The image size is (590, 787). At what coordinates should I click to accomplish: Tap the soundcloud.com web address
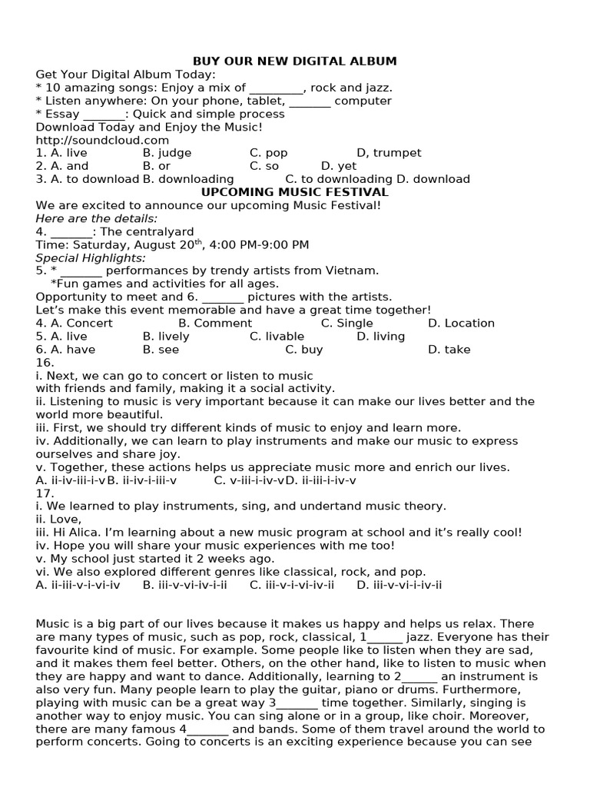(x=102, y=140)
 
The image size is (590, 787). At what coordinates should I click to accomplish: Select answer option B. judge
(x=167, y=153)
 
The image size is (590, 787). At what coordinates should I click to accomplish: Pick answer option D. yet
(x=339, y=166)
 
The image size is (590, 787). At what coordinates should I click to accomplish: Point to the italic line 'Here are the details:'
(x=96, y=218)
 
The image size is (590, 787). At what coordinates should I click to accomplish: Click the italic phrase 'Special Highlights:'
(x=91, y=257)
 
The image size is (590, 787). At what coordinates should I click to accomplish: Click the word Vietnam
(x=356, y=271)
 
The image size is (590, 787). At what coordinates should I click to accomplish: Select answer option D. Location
(x=461, y=323)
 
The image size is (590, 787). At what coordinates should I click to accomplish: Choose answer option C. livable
(x=277, y=336)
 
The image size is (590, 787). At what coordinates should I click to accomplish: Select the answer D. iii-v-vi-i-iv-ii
(x=399, y=585)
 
